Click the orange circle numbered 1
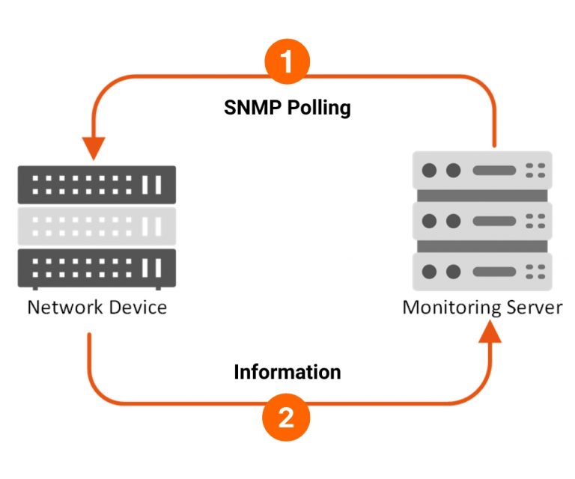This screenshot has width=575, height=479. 287,62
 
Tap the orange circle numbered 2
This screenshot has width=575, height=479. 287,418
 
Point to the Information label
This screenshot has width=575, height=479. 287,371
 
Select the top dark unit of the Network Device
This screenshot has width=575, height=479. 97,184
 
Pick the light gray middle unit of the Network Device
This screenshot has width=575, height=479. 97,225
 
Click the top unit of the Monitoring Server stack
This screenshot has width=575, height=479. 483,170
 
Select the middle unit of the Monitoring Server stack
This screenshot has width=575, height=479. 483,221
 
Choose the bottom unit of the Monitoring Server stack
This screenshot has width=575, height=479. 483,271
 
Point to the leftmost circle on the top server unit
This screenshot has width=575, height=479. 429,170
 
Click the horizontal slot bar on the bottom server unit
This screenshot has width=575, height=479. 494,271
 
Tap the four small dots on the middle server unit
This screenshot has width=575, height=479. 535,221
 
